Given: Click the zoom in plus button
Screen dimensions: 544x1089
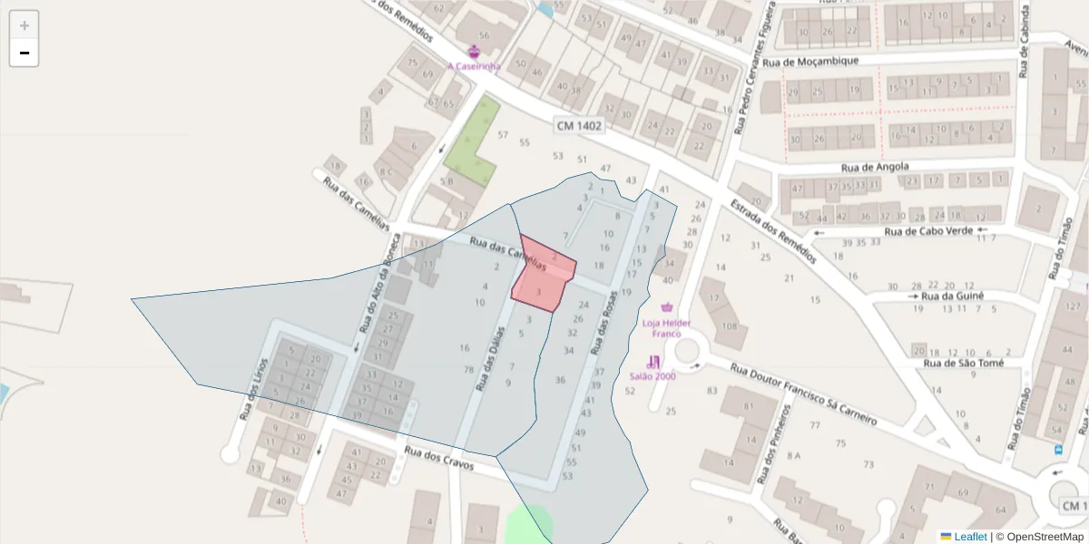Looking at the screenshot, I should [x=25, y=25].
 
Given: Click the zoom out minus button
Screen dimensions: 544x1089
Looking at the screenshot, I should [x=25, y=53].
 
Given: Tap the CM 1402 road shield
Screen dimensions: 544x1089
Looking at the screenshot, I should [x=579, y=127].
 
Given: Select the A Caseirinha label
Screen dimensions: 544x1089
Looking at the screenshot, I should [x=474, y=66].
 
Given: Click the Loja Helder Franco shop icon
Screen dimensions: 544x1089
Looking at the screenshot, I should [x=670, y=308].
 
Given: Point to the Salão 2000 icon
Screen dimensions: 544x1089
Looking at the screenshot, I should [x=653, y=362].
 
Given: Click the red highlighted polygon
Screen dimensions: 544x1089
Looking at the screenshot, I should [x=544, y=277].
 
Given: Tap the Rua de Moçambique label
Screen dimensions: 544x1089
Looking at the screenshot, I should [x=810, y=62].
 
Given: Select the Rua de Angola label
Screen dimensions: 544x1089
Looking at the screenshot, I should [x=874, y=168].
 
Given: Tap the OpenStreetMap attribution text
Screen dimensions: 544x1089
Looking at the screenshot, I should [x=1039, y=537].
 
